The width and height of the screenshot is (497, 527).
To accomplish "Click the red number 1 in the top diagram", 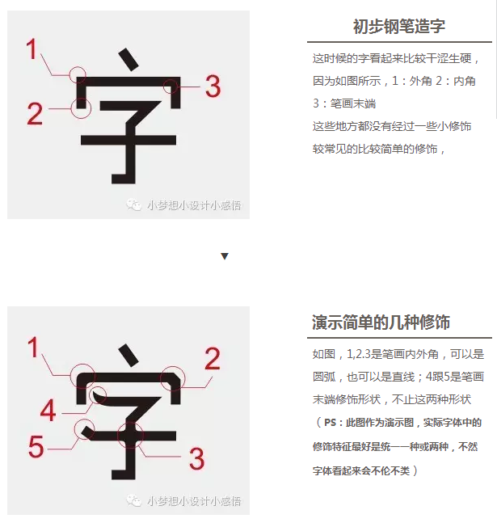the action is [32, 48].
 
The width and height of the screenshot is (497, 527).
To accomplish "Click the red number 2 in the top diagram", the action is [35, 114].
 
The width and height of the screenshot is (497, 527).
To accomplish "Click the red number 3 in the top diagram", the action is [213, 86].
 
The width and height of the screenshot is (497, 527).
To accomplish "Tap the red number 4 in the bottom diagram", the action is [48, 410].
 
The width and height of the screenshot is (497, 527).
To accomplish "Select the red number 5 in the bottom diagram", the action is [36, 446].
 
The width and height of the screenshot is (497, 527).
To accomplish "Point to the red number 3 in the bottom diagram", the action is [197, 458].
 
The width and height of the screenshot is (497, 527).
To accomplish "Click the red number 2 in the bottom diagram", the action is [213, 359].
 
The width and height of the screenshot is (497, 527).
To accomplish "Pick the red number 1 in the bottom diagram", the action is [33, 347].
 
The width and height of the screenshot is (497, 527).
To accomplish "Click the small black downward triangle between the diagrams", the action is [225, 256].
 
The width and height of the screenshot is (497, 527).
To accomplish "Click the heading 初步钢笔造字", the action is [399, 26].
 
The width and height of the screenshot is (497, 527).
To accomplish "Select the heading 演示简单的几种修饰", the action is [381, 323].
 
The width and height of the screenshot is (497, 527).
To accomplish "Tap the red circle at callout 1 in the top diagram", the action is [78, 74].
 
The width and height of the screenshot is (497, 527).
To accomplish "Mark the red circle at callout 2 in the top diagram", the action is [82, 108].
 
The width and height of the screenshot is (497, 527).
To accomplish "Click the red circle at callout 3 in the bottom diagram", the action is [130, 436].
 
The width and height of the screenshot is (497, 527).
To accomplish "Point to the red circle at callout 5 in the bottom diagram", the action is [84, 429].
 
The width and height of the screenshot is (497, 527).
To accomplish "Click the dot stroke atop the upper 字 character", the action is [128, 60].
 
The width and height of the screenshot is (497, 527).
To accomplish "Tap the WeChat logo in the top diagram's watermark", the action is [133, 204].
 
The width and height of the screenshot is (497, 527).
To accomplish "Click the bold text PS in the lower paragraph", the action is [330, 423].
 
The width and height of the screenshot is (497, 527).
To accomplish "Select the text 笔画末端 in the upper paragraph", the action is [353, 103].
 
